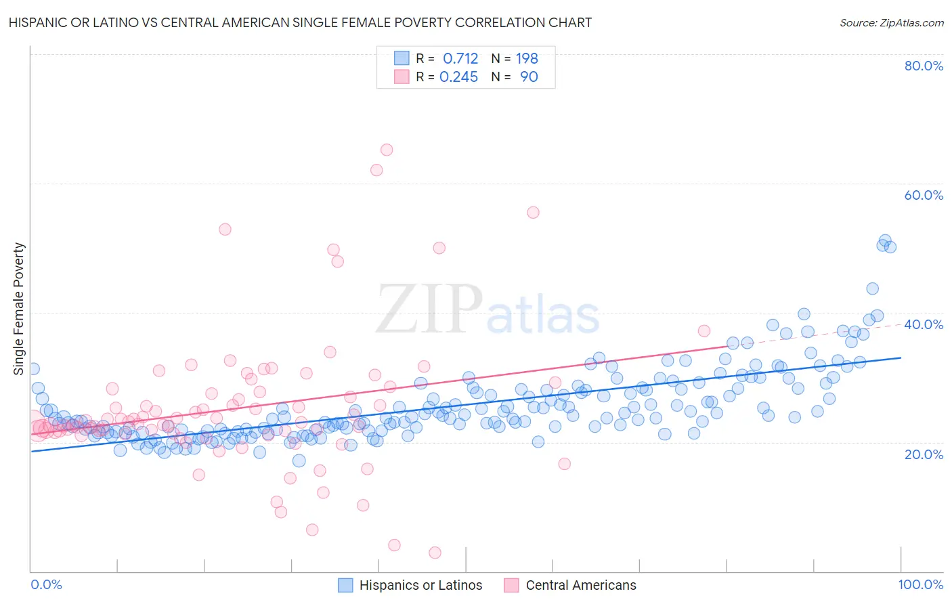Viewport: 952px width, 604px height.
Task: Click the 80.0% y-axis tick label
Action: point(924,66)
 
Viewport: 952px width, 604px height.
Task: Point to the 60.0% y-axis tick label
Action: point(924,195)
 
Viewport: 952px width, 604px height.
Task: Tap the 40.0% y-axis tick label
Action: point(924,324)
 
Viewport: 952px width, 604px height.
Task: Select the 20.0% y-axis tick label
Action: point(924,454)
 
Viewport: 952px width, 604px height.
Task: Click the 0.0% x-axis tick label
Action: point(47,584)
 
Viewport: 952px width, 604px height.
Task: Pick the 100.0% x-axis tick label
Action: point(920,584)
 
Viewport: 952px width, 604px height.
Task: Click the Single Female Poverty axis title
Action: point(19,309)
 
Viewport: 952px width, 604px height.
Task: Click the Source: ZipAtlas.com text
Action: point(891,22)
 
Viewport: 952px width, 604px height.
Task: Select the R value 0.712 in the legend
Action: point(460,59)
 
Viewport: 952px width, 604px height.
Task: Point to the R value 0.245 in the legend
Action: point(458,77)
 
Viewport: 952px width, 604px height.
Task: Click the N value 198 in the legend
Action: point(527,59)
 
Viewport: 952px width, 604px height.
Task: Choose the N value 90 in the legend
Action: point(529,77)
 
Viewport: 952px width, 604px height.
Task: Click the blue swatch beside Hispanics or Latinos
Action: point(345,585)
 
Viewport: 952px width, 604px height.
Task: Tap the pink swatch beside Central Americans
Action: point(511,585)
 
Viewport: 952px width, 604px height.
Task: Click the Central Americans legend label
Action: point(581,585)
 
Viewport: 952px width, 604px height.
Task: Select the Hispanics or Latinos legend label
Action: point(420,585)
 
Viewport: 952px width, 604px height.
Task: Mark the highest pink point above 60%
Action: point(387,150)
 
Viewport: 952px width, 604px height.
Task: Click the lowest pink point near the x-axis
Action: point(435,553)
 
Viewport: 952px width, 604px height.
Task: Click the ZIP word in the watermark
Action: point(429,309)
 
